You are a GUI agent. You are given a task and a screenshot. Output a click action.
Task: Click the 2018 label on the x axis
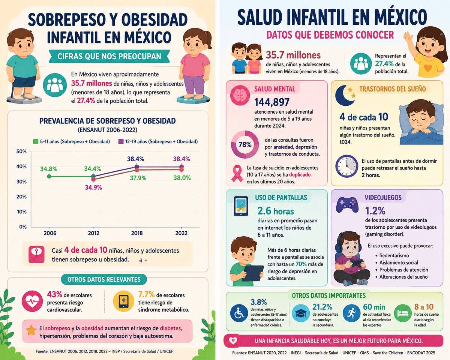coord(137,233)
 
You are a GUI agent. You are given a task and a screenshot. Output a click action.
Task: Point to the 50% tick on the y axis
coord(21,151)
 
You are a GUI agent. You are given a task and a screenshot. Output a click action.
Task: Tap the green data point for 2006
coord(49,176)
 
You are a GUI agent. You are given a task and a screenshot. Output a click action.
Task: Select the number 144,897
coord(272,102)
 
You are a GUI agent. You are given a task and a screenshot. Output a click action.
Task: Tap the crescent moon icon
coord(344,95)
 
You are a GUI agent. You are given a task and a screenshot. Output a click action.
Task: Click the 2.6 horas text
coord(276,211)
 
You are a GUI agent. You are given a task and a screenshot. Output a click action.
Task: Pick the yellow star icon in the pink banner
coord(31,330)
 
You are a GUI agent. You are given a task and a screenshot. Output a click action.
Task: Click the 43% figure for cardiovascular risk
coord(54,295)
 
